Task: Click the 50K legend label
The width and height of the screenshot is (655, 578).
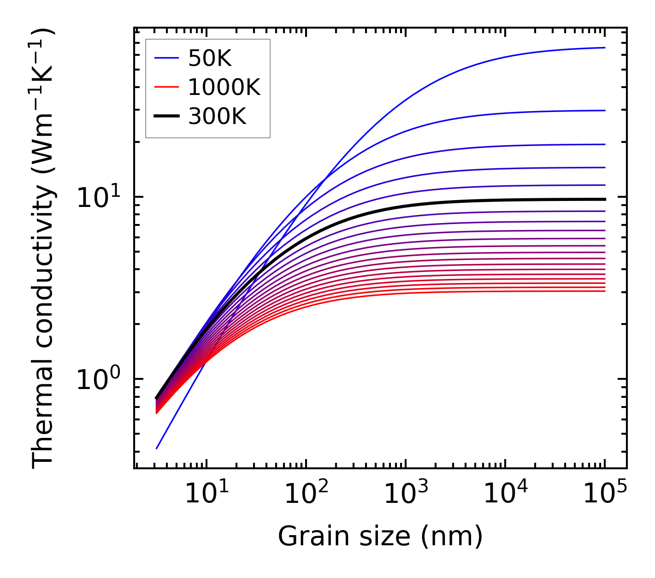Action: [209, 59]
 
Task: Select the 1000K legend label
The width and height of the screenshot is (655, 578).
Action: [224, 87]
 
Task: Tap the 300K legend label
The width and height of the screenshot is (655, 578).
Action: [217, 117]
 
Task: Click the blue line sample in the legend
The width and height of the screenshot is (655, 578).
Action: [166, 58]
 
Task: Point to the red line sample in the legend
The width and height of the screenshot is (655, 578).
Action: [166, 87]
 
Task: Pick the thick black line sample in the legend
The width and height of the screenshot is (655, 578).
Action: [166, 117]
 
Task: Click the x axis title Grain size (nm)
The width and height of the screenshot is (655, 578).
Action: [380, 537]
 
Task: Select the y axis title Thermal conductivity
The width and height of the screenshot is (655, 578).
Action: [43, 248]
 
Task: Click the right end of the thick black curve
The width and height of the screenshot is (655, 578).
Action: [604, 199]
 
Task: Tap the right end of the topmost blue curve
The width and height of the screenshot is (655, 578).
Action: [604, 47]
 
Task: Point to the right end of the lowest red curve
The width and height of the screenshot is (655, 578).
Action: [604, 291]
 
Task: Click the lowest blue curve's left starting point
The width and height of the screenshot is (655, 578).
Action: [157, 448]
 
